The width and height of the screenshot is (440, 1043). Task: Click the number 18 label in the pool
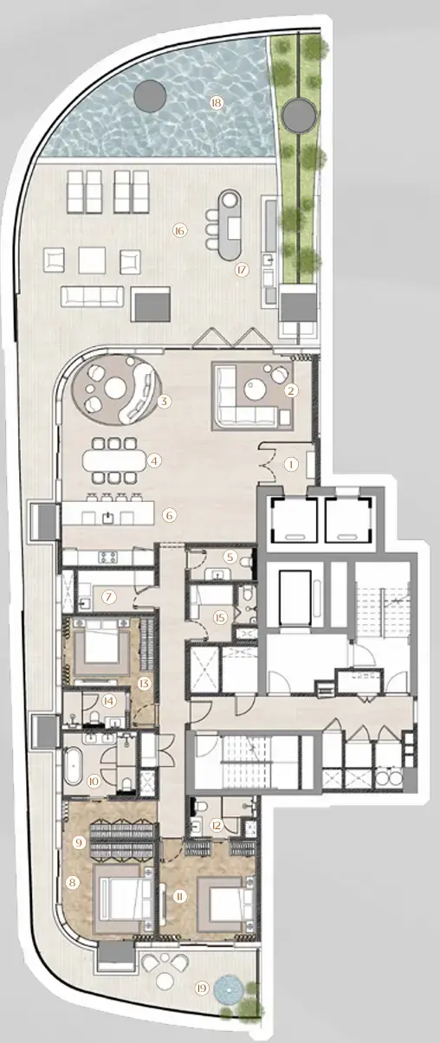[216, 103]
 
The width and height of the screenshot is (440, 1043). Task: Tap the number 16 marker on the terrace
[179, 230]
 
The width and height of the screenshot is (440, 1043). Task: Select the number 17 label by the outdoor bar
[242, 269]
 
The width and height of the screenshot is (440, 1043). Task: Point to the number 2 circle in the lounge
[292, 390]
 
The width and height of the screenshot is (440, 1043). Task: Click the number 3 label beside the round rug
[164, 402]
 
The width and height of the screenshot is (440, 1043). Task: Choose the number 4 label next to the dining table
[154, 460]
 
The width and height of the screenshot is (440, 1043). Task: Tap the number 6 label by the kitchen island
[170, 515]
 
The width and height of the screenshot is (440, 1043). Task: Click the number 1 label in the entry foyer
[291, 464]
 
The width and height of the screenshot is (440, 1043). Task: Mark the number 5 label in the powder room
[230, 556]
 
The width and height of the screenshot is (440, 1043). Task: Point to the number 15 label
[220, 617]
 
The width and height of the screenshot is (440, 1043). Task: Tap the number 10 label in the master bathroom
[94, 780]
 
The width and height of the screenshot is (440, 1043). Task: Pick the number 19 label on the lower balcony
[202, 988]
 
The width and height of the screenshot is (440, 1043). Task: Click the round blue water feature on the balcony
[230, 988]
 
